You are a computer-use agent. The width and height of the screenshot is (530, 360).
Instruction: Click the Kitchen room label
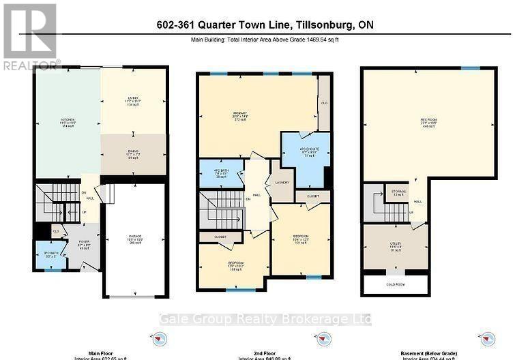tap(67, 122)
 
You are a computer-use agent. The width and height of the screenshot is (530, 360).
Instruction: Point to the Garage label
tap(134, 239)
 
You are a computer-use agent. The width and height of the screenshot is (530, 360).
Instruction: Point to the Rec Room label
tap(428, 122)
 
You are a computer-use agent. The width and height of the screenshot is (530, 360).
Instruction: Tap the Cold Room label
tap(396, 284)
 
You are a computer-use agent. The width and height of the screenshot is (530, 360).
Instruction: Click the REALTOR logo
tap(30, 37)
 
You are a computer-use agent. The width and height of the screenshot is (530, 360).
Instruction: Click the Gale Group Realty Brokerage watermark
tap(265, 318)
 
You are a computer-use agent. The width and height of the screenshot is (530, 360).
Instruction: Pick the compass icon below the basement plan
tap(487, 337)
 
